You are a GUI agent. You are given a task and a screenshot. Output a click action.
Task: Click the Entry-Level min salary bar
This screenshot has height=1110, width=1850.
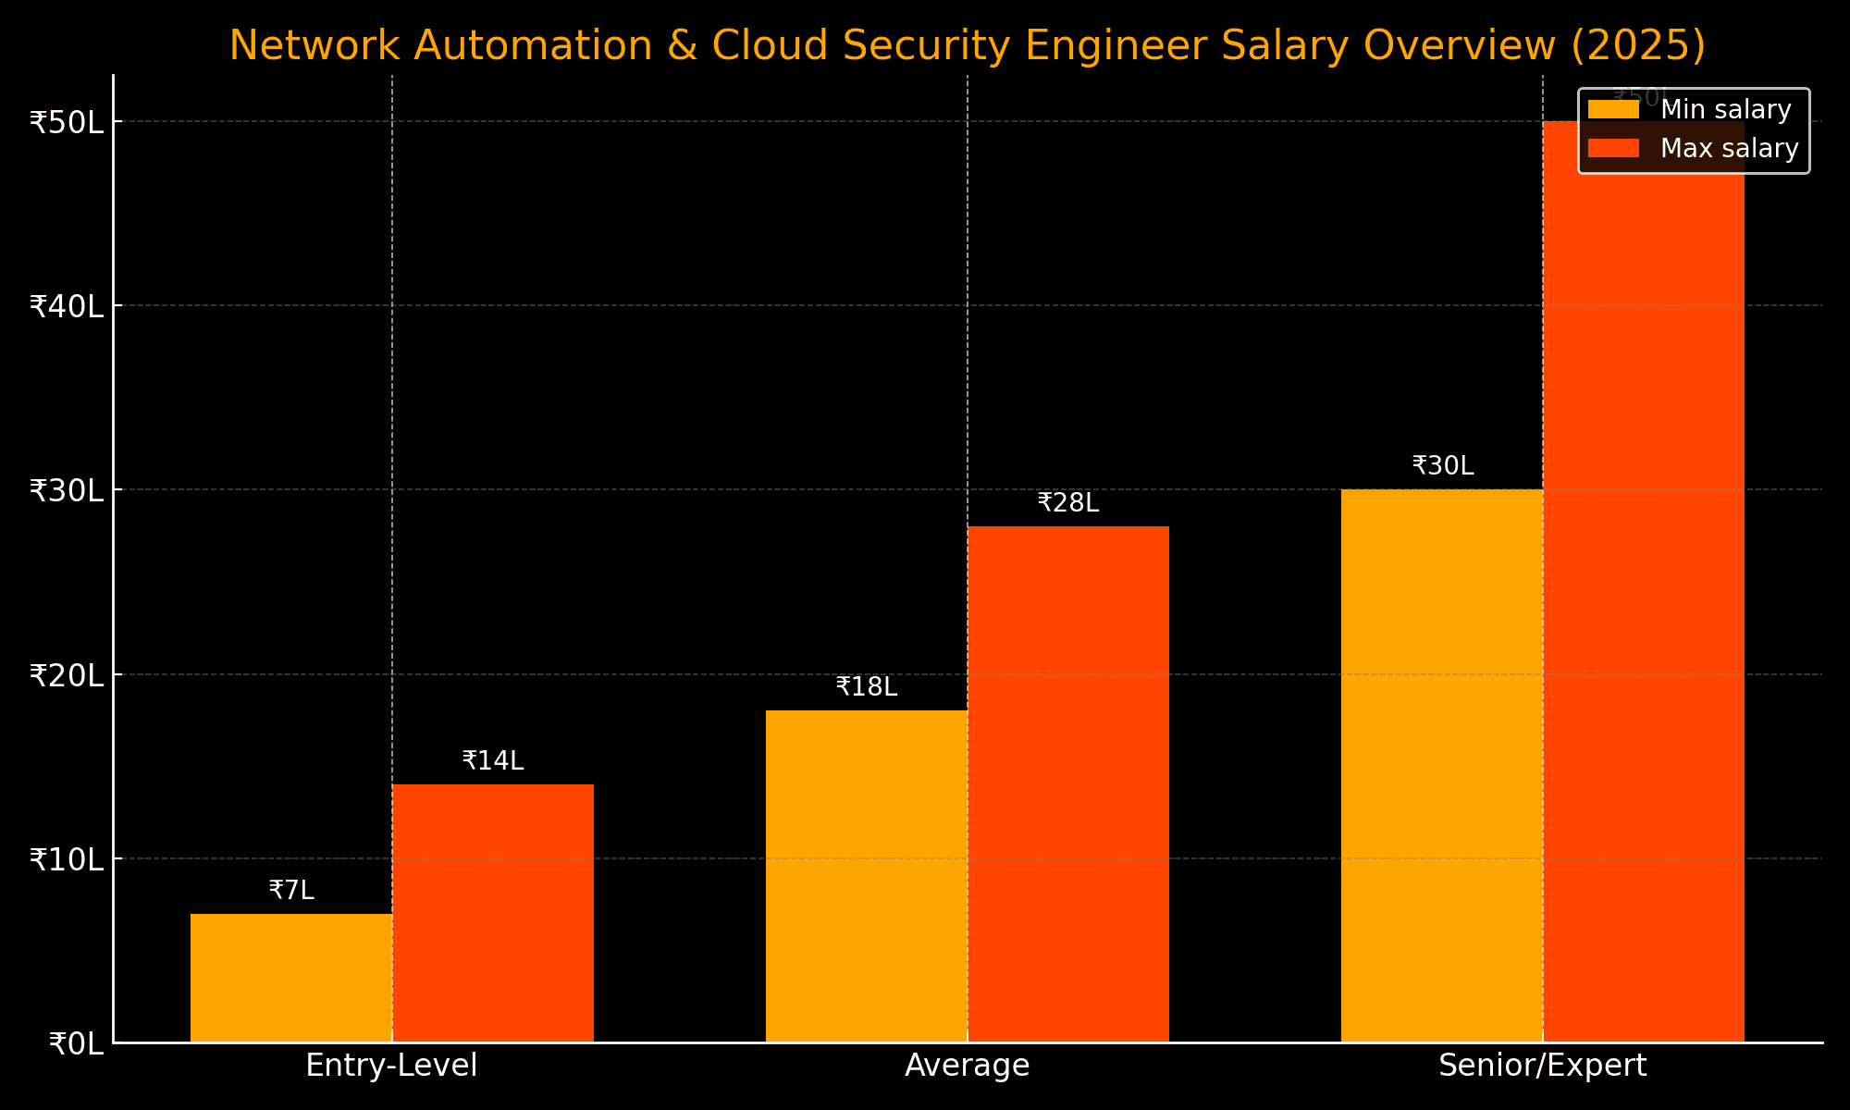tap(291, 978)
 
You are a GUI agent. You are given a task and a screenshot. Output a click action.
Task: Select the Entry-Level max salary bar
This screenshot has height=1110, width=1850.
tap(493, 913)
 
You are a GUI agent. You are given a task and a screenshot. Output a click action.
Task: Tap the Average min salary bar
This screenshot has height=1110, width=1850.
tap(867, 876)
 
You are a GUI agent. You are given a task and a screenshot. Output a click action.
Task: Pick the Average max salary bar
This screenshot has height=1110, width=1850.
tap(1068, 783)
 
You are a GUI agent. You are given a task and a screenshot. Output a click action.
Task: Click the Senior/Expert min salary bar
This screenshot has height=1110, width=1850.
tap(1442, 765)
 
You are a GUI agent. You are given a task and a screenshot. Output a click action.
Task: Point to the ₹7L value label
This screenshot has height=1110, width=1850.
tap(291, 891)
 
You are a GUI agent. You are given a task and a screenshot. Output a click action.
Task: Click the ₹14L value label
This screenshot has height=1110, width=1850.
tap(493, 761)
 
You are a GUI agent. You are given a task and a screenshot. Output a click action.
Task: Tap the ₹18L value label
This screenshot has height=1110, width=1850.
tap(867, 687)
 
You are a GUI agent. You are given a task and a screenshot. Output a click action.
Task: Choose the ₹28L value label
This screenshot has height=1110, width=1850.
tap(1068, 503)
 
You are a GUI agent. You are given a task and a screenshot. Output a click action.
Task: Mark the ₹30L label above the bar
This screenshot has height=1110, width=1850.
tap(1443, 466)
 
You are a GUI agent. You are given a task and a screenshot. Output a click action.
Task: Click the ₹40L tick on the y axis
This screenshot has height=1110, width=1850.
tap(67, 306)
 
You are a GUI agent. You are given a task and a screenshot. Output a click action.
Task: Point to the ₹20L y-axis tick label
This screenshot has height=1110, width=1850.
tap(67, 675)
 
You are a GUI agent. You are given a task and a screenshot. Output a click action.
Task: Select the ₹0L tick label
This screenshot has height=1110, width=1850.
tap(76, 1044)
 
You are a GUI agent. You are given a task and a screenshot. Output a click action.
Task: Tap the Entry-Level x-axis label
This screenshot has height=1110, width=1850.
tap(392, 1066)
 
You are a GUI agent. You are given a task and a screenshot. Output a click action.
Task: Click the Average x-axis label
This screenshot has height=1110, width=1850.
tap(968, 1066)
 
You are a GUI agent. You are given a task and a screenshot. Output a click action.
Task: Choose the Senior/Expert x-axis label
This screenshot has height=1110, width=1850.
tap(1543, 1066)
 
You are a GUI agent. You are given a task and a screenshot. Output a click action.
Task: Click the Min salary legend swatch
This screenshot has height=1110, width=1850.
tap(1613, 110)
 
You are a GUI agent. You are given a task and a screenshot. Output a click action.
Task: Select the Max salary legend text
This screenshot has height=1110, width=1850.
tap(1729, 149)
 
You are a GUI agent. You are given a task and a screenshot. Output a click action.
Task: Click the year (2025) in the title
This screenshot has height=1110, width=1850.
tap(1638, 46)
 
